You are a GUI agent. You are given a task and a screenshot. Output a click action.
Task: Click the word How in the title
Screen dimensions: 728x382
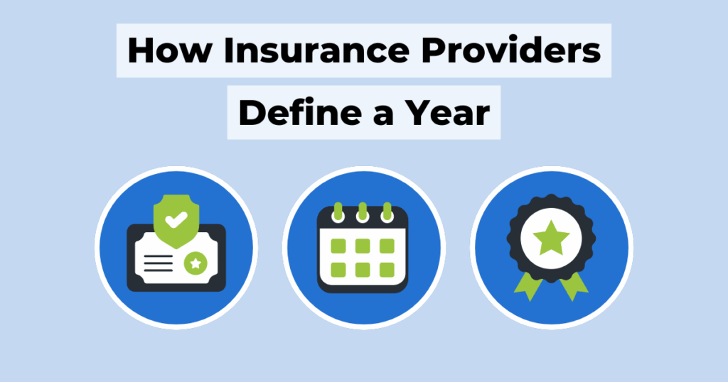pos(169,50)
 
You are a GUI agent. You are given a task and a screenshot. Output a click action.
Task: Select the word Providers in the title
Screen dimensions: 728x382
pos(511,50)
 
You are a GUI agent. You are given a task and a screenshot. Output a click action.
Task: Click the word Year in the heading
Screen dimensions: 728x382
pos(447,112)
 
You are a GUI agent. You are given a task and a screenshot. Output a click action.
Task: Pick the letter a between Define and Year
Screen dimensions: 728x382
pos(383,116)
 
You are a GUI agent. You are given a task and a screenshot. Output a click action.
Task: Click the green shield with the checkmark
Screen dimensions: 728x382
pos(176,221)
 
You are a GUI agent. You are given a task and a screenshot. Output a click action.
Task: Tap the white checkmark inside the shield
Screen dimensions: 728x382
pos(176,219)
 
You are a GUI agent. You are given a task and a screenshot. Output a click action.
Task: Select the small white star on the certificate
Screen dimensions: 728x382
pos(196,263)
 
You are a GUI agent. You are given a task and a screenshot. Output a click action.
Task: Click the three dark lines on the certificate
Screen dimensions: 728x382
pos(159,263)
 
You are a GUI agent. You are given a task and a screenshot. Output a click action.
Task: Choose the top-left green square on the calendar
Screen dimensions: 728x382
pos(338,246)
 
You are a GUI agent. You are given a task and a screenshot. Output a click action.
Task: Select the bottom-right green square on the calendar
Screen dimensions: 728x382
pos(387,270)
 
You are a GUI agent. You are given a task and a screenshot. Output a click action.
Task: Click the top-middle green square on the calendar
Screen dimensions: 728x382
pos(363,246)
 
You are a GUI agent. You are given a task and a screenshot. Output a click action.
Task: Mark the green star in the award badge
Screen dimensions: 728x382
pos(551,237)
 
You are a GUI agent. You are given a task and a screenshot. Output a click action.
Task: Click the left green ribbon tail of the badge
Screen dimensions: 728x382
pos(528,287)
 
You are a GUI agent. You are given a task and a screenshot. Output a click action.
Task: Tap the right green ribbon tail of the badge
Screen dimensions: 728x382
pos(574,287)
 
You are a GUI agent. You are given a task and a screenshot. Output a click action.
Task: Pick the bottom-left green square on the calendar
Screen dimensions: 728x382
pos(338,270)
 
